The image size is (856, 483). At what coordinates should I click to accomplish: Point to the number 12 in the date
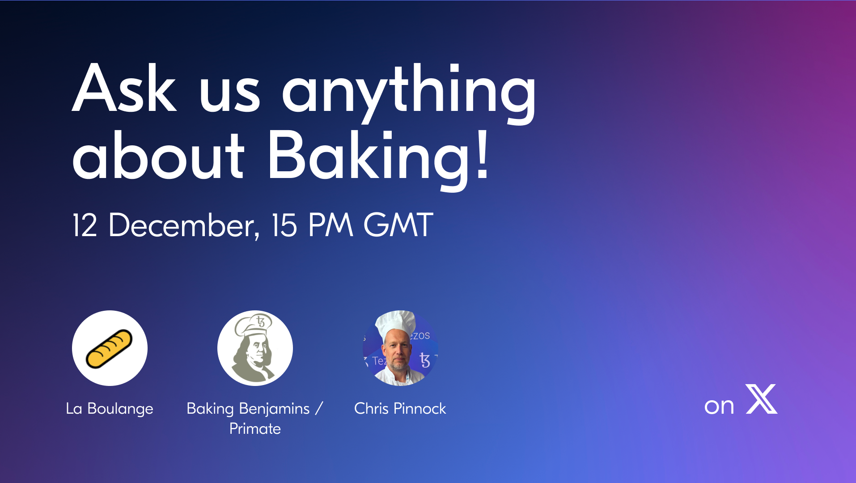click(85, 225)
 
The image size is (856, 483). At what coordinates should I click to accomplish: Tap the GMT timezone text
click(398, 225)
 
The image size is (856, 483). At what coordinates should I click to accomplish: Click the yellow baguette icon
click(109, 348)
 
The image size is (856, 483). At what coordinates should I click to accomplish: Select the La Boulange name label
click(110, 409)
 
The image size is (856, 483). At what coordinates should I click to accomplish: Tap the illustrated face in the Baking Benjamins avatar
click(257, 351)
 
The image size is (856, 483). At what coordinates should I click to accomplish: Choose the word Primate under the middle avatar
click(255, 429)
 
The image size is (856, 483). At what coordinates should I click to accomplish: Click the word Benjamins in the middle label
click(274, 409)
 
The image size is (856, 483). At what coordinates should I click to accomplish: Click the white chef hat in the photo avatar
click(395, 323)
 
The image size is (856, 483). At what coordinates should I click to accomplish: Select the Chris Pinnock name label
click(400, 408)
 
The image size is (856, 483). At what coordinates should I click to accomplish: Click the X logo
click(762, 399)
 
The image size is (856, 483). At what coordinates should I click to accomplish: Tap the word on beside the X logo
click(719, 407)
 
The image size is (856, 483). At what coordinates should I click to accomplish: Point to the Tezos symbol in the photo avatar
click(424, 360)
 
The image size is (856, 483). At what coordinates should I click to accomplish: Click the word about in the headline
click(158, 155)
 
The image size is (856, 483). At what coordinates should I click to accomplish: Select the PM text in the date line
click(331, 225)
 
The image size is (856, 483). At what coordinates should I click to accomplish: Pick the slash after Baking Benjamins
click(319, 409)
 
